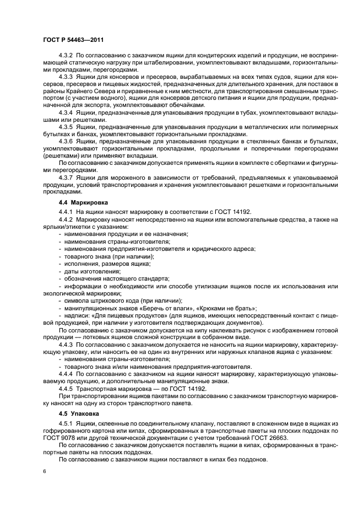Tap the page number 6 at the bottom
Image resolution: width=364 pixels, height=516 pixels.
tap(44, 472)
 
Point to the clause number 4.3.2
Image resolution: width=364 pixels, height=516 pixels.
tap(67, 56)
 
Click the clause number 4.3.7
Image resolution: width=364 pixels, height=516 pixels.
tap(67, 178)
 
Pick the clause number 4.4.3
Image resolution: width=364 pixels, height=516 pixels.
tap(67, 343)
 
